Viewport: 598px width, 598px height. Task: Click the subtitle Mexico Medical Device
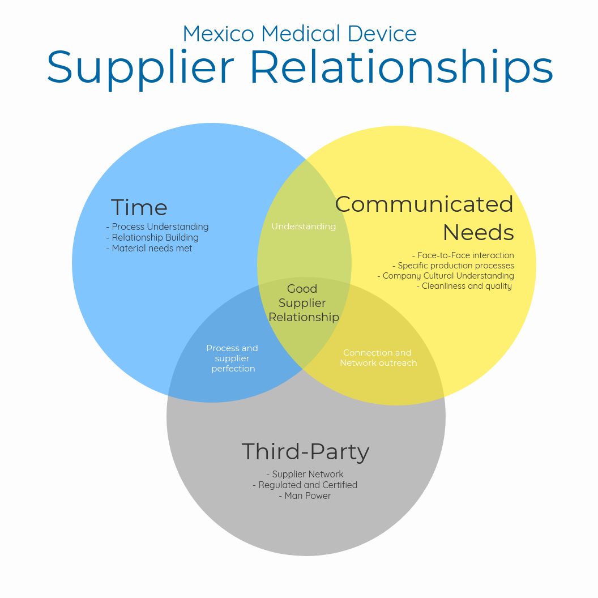click(299, 34)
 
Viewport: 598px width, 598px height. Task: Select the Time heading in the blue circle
click(139, 208)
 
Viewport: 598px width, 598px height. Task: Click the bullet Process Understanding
click(157, 227)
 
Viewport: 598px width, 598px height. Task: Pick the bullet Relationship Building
click(152, 237)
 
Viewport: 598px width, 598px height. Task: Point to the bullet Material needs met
click(149, 248)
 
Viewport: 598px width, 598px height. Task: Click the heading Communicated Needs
click(424, 218)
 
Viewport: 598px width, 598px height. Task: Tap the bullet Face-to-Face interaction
click(463, 255)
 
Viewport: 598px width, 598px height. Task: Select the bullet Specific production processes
click(453, 266)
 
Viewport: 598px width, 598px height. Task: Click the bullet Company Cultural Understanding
click(446, 276)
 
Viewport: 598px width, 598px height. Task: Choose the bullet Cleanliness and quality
click(464, 286)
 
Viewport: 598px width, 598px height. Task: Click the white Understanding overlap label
click(304, 227)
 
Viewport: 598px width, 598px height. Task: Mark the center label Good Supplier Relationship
click(304, 303)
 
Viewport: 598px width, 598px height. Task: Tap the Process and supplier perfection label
click(232, 358)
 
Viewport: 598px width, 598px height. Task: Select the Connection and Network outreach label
click(378, 358)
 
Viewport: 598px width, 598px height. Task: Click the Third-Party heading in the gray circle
click(305, 452)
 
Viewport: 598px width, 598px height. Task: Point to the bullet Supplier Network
click(305, 474)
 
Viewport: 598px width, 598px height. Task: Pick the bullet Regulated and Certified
click(305, 485)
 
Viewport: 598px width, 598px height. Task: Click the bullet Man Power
click(305, 496)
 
